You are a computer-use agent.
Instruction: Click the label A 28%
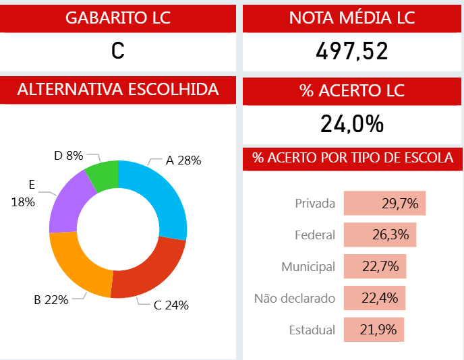(183, 160)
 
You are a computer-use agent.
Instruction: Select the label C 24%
(171, 305)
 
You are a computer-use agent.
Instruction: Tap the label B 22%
(51, 300)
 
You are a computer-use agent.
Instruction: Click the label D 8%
(69, 156)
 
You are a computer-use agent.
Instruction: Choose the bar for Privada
(384, 203)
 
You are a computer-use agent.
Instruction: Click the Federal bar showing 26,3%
(380, 235)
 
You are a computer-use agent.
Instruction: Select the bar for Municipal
(374, 266)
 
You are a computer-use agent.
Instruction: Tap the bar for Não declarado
(374, 298)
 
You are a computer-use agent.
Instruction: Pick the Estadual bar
(374, 330)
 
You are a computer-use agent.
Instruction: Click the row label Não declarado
(294, 298)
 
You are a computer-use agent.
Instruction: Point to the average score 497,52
(352, 51)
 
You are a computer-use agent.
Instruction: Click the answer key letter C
(118, 51)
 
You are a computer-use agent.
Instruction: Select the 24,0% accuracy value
(352, 124)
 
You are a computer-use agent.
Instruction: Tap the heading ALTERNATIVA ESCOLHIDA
(118, 90)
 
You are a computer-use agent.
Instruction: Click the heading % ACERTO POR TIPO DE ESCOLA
(352, 158)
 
